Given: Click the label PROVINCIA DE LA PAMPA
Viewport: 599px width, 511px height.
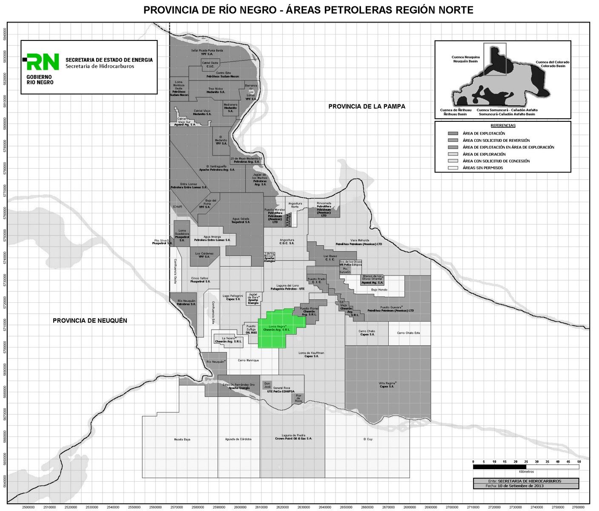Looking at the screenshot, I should click(367, 106).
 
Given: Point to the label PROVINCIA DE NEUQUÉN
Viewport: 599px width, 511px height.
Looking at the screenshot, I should click(90, 321).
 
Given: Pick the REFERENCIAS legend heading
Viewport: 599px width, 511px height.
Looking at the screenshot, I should click(503, 126).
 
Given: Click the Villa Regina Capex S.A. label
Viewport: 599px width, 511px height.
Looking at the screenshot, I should click(387, 385).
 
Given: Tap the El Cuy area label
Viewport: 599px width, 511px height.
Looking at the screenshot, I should click(368, 439).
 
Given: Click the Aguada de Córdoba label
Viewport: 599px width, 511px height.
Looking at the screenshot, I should click(238, 439).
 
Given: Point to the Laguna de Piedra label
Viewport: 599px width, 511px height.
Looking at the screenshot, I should click(293, 436).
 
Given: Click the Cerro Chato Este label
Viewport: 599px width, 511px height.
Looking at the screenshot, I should click(408, 333).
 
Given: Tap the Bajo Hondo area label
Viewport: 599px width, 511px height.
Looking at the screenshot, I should click(379, 290).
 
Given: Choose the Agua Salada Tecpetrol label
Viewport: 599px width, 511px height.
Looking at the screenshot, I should click(241, 220).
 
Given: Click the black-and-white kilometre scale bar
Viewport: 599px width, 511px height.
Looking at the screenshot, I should click(526, 467).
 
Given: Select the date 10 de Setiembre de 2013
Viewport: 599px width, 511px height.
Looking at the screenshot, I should click(520, 486).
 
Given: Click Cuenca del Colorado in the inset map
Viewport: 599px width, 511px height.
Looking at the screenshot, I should click(552, 64).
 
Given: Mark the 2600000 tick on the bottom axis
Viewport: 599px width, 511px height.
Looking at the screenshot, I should click(240, 507).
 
